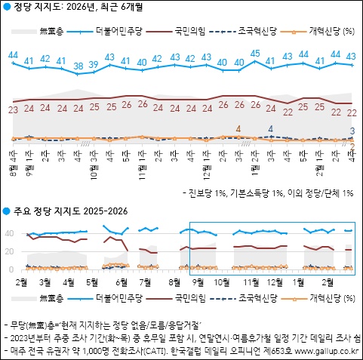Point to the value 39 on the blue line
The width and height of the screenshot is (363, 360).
click(94, 65)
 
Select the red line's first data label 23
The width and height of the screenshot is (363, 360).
click(13, 110)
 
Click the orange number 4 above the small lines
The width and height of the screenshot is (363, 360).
click(238, 129)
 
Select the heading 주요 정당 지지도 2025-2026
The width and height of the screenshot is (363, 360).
click(72, 210)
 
